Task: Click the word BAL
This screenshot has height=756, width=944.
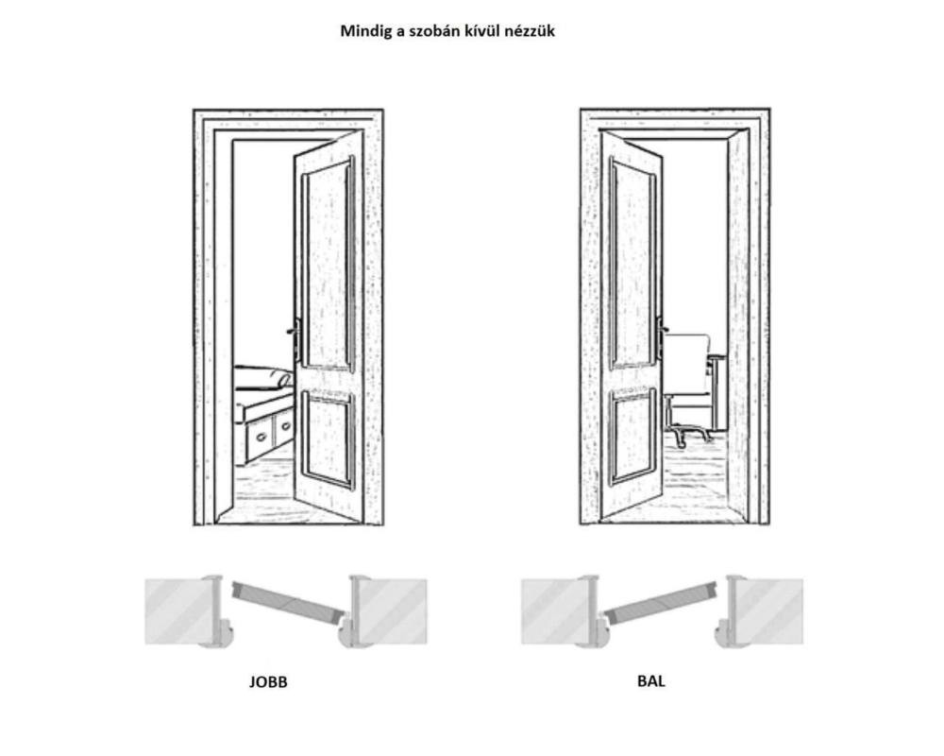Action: (x=651, y=679)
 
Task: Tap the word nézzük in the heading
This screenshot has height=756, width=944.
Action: (x=531, y=31)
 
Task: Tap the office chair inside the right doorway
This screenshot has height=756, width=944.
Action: (x=687, y=378)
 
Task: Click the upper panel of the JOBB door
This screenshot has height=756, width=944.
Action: (x=327, y=265)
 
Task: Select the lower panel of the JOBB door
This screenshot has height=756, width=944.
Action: (x=329, y=440)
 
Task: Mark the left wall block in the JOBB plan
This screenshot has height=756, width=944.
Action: (x=179, y=611)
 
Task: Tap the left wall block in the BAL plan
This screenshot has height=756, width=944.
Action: (x=555, y=611)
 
